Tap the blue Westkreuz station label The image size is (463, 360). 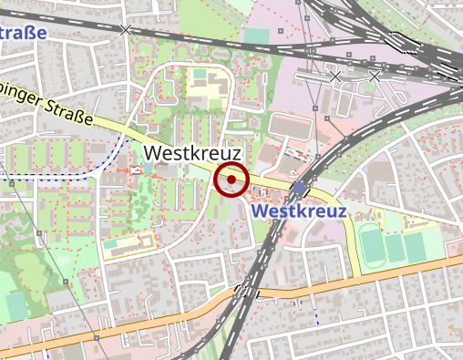click(x=299, y=211)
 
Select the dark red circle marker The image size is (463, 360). click(x=231, y=180)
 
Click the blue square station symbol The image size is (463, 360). click(x=300, y=188)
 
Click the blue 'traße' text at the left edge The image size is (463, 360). click(x=24, y=34)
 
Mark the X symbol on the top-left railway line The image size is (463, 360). click(x=126, y=30)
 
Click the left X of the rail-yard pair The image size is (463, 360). click(x=335, y=77)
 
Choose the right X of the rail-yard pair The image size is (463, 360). click(x=374, y=77)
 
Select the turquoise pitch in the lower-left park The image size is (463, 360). click(x=16, y=306)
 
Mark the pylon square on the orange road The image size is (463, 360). click(x=95, y=337)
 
